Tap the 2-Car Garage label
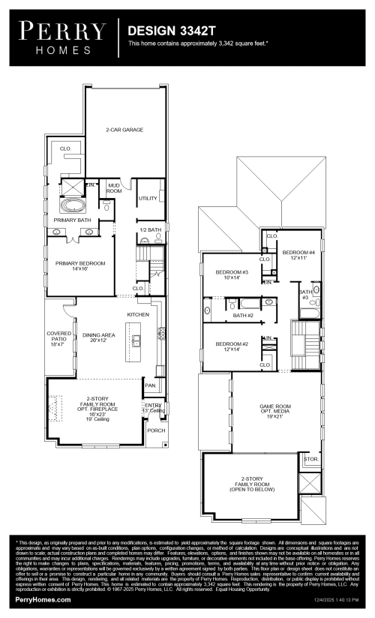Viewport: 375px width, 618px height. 124,130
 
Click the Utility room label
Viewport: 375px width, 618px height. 147,198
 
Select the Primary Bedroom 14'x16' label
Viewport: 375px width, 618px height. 79,266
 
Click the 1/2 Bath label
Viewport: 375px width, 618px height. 150,229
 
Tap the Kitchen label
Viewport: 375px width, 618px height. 138,314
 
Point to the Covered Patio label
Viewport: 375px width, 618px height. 58,337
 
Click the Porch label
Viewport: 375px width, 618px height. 156,430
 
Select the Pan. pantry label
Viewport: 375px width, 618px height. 150,385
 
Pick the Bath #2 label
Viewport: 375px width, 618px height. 243,316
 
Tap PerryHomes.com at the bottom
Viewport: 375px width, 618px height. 43,600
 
